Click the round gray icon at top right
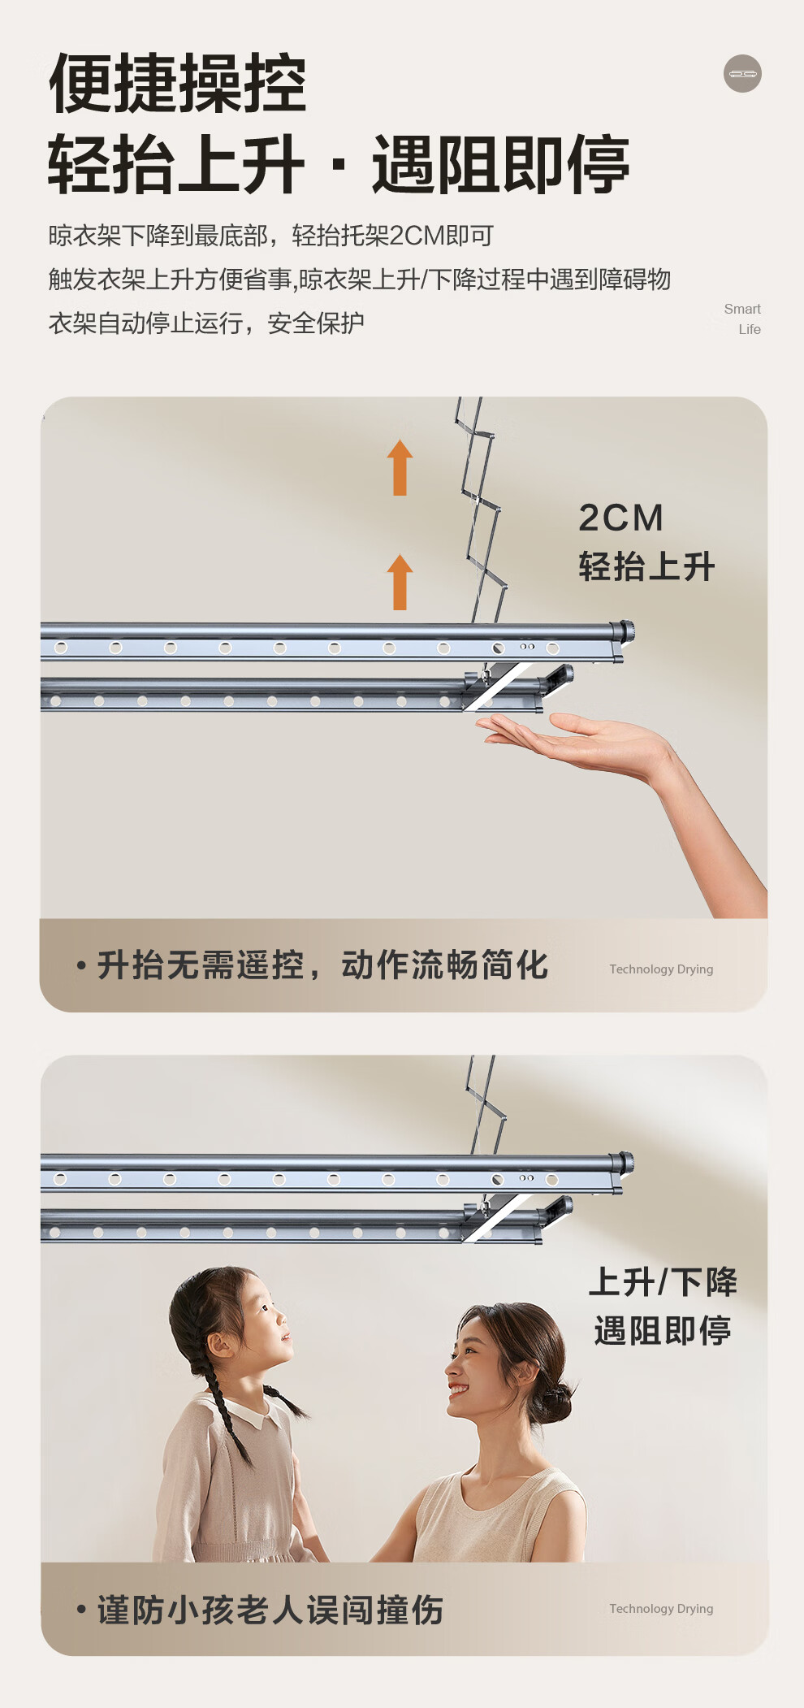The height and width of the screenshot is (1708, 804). tap(742, 74)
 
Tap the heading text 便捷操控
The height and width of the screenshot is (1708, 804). tap(178, 83)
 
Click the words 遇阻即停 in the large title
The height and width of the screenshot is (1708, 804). tap(500, 166)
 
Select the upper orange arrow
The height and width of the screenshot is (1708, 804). tap(400, 467)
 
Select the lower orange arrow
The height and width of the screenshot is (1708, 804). tap(400, 582)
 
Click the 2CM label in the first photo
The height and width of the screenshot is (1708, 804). tap(621, 518)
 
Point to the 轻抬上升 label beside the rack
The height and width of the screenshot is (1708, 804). tap(646, 566)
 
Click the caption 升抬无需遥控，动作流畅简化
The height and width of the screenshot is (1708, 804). tap(322, 965)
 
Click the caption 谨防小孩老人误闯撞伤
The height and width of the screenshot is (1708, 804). tap(270, 1610)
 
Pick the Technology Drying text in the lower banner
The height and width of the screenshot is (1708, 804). tap(661, 1609)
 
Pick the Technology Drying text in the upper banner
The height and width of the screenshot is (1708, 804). tap(661, 969)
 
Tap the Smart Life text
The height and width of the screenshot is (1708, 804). tap(742, 319)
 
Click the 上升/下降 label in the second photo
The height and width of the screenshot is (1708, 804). tap(663, 1283)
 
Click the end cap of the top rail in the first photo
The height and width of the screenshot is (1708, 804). tap(626, 631)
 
